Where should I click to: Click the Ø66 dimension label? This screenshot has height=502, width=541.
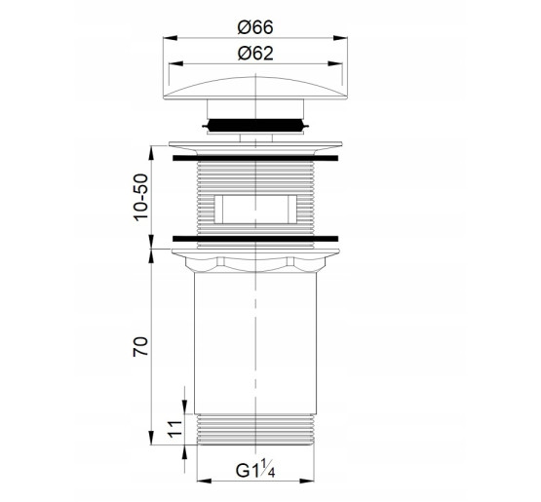255,27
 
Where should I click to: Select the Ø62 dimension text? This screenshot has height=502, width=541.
255,54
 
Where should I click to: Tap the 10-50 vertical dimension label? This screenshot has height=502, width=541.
141,197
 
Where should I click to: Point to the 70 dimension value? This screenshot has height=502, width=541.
140,346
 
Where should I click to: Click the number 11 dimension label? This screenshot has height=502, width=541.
174,429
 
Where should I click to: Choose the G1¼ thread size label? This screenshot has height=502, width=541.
255,470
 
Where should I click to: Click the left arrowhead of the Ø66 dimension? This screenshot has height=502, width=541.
170,38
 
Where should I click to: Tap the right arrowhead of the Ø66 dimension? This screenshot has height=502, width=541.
340,38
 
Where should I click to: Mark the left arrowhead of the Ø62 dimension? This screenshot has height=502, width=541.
175,63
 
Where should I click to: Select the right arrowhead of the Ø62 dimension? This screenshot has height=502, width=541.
335,63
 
